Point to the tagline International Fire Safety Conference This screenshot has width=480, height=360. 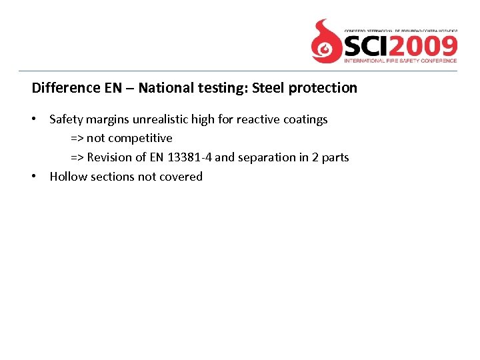coord(400,61)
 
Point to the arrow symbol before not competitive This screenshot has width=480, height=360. coord(77,139)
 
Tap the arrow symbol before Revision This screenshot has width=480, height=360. coord(77,157)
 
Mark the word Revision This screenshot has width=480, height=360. coord(109,157)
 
